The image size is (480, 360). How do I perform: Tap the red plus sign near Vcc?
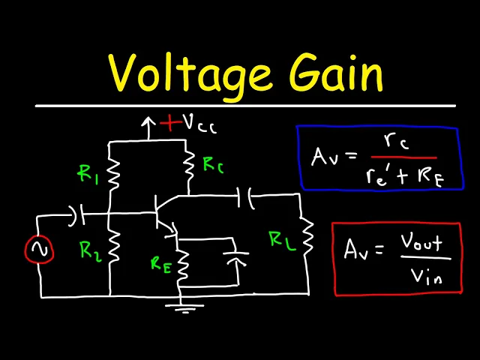tap(172, 122)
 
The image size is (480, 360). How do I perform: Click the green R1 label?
tap(88, 174)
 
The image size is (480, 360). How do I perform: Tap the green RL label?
tap(280, 241)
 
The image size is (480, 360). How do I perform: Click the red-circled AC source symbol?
tap(39, 250)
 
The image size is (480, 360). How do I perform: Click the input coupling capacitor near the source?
tap(78, 216)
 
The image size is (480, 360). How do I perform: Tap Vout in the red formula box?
tap(422, 244)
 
